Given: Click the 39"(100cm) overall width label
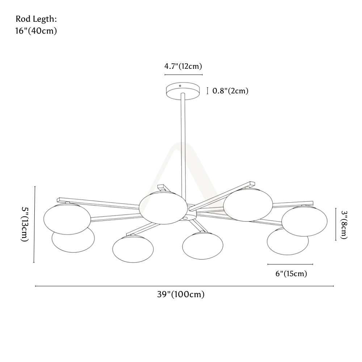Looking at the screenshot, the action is click(x=181, y=295).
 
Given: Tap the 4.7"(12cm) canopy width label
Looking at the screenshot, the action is click(x=183, y=66).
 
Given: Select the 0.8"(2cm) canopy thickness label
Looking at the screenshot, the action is click(x=230, y=91).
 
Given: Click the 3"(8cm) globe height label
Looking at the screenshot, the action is click(x=344, y=225).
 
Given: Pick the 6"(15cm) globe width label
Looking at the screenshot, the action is click(x=291, y=274).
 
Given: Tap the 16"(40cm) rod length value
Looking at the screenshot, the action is click(x=36, y=31).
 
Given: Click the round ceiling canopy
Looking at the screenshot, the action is click(x=183, y=91).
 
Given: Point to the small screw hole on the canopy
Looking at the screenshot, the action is click(x=180, y=86).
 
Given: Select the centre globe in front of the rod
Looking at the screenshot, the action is click(x=163, y=208).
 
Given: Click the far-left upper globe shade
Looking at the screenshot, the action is click(x=67, y=219).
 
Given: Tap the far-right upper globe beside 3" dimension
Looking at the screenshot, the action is click(x=304, y=221).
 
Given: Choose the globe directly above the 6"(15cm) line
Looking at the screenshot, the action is click(x=287, y=241).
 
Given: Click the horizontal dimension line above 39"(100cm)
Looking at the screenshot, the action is click(x=184, y=286).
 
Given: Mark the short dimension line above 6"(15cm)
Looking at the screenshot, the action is click(x=290, y=264).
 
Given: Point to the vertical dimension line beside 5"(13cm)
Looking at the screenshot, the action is click(x=34, y=224).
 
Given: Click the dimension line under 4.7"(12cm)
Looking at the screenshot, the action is click(x=184, y=75).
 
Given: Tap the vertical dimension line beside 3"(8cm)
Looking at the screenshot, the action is click(x=336, y=224).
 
